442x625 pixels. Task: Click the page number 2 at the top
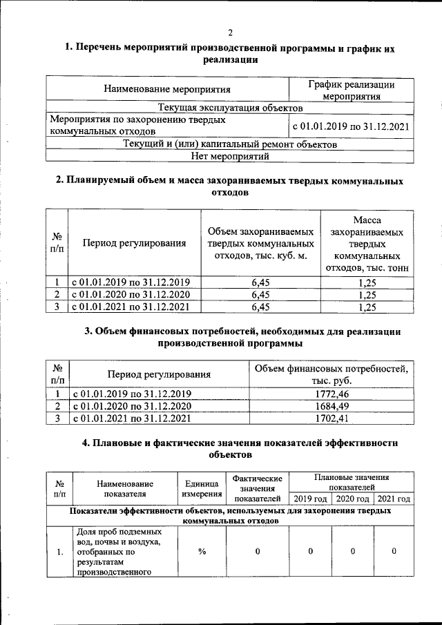pos(231,32)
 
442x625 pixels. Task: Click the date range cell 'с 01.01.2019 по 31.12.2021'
pos(351,126)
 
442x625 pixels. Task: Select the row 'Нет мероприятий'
pos(230,157)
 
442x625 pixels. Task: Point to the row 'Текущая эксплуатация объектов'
pos(230,108)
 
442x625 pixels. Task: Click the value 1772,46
pos(331,394)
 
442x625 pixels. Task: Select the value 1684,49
pos(331,405)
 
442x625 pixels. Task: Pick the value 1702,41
pos(331,418)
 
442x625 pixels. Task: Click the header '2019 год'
pos(310,499)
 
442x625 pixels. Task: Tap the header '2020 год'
pos(352,499)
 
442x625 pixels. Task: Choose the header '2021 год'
pos(394,499)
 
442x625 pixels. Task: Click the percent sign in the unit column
pos(202,551)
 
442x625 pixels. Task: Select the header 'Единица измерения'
pos(202,489)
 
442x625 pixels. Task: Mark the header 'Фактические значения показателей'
pos(258,488)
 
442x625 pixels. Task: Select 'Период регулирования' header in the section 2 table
pos(134,243)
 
